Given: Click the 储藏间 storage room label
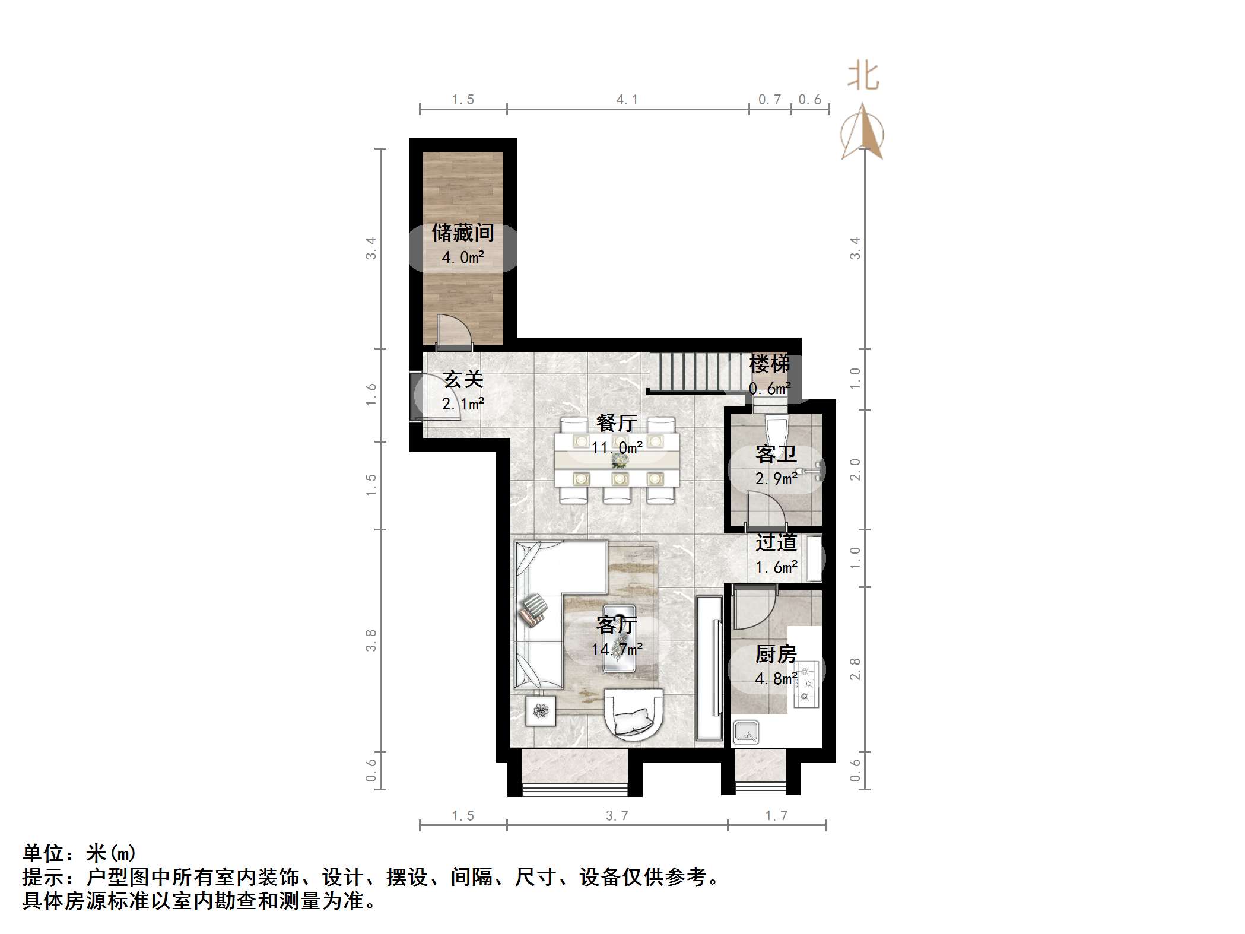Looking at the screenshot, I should pyautogui.click(x=463, y=233).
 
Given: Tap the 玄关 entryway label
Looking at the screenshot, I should pyautogui.click(x=463, y=380).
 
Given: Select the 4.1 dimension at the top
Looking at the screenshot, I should pyautogui.click(x=627, y=100).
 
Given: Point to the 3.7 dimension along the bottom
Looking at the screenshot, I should pyautogui.click(x=617, y=816).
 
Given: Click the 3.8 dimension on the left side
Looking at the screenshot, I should pyautogui.click(x=371, y=640).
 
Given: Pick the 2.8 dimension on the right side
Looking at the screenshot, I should pyautogui.click(x=855, y=668).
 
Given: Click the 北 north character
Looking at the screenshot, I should pyautogui.click(x=863, y=77).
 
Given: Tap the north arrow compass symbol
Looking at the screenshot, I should pyautogui.click(x=862, y=134).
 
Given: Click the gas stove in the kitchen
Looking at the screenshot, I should pyautogui.click(x=806, y=684).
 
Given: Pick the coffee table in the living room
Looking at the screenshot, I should pyautogui.click(x=619, y=638).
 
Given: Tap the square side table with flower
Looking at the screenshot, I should pyautogui.click(x=541, y=710).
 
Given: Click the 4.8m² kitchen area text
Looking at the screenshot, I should pyautogui.click(x=776, y=678).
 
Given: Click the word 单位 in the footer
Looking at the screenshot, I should pyautogui.click(x=43, y=853).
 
